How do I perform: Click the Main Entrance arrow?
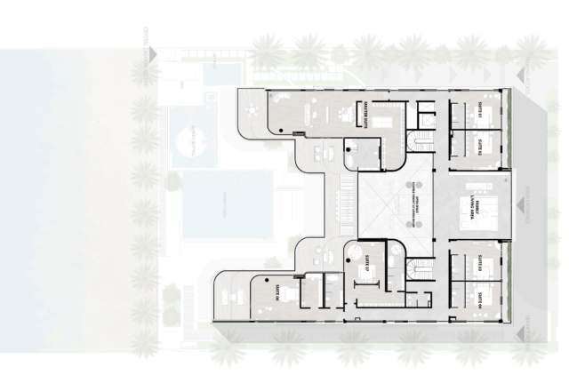523,205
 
